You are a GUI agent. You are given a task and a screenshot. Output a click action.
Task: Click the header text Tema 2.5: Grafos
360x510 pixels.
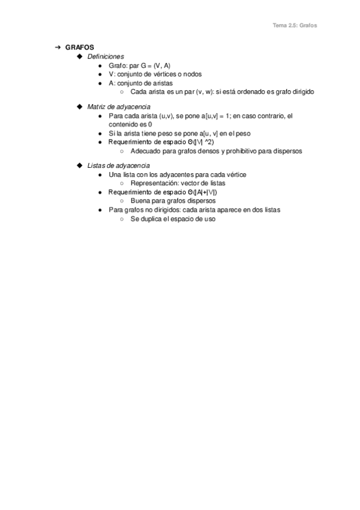[x=294, y=25]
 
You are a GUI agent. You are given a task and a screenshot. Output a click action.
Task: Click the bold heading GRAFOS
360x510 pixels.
[x=79, y=48]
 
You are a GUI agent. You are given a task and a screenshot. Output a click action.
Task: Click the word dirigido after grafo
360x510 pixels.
[x=302, y=92]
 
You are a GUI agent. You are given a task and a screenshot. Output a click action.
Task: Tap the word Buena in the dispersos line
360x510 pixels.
[x=139, y=201]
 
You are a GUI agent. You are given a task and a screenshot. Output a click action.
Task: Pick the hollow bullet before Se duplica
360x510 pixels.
[x=123, y=219]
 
